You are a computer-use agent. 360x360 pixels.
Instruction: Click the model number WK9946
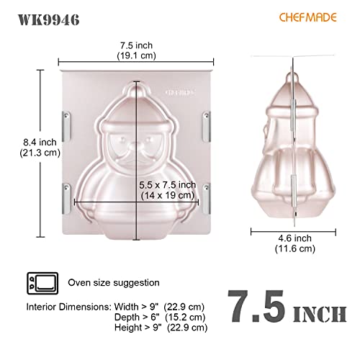[48, 19]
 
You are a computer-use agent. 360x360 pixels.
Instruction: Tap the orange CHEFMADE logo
[307, 17]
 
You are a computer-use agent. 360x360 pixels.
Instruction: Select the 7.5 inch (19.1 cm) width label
[136, 50]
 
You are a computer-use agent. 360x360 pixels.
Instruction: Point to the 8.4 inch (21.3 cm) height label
[40, 148]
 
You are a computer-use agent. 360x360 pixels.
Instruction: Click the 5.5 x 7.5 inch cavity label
[168, 190]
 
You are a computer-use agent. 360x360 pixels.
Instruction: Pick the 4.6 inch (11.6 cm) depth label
[294, 243]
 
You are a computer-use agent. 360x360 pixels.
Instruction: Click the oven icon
[42, 283]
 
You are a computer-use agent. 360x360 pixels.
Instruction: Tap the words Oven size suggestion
[114, 282]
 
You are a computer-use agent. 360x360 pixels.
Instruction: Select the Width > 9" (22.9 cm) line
[159, 307]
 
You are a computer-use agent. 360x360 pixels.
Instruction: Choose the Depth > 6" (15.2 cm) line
[160, 317]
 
